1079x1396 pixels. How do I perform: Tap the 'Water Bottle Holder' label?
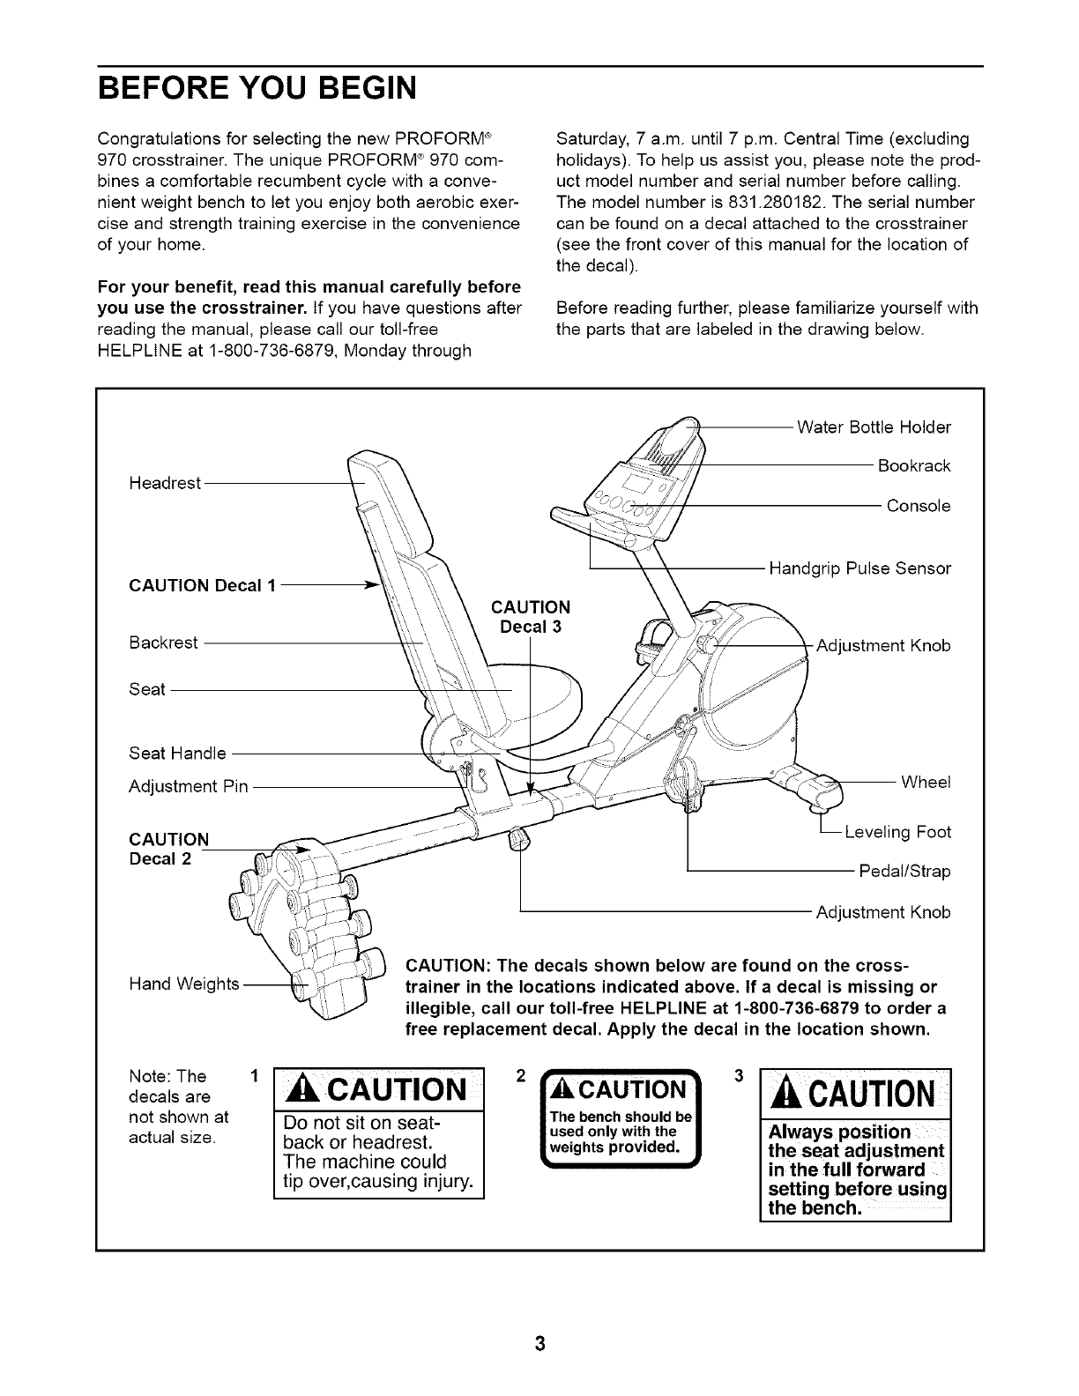874,427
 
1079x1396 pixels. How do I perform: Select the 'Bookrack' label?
914,465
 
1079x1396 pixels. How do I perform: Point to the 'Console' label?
919,506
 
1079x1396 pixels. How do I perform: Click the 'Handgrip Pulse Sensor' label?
859,568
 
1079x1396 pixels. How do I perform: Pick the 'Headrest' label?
165,483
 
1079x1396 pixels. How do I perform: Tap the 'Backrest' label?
163,642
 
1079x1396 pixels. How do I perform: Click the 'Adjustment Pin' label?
189,786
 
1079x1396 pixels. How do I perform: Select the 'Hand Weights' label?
183,983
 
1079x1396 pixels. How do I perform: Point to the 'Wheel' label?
926,783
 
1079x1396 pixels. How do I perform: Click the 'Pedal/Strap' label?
904,872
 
